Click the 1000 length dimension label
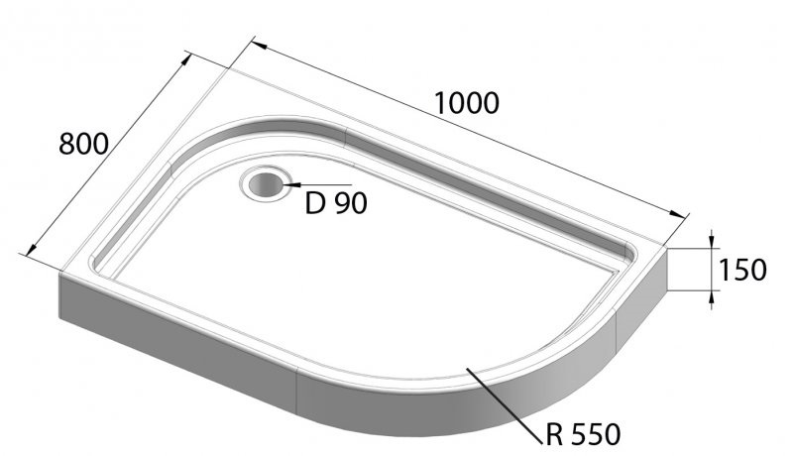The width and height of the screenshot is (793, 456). (466, 102)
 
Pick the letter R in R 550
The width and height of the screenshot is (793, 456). (555, 433)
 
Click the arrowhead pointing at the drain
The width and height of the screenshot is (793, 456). (287, 184)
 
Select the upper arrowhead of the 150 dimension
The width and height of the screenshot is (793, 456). (712, 243)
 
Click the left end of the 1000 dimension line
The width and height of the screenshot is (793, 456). (254, 43)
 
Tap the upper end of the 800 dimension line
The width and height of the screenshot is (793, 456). (189, 57)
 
